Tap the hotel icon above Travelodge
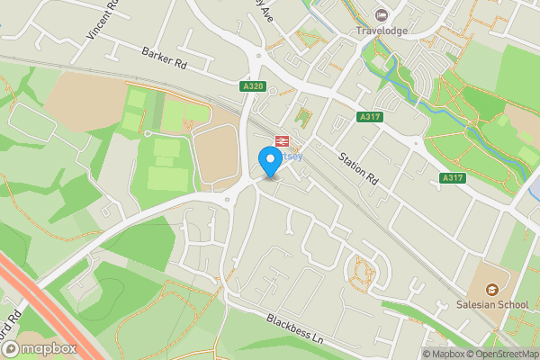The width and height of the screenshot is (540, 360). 382,14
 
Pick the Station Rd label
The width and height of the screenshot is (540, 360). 356,169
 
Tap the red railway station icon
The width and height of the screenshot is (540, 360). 281,140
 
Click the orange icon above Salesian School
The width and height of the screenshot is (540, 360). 492,289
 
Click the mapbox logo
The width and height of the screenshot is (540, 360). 43,347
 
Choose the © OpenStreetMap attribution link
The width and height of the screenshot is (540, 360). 500,354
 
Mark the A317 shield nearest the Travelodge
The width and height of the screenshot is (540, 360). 368,117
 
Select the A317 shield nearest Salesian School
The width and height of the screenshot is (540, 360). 453,179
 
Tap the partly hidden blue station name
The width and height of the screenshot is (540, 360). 293,156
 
